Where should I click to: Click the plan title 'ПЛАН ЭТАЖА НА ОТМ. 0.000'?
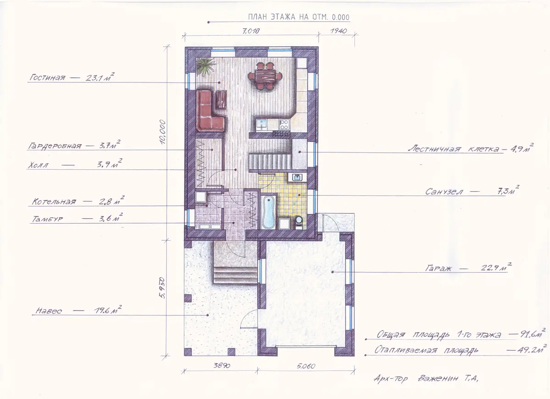click(x=298, y=17)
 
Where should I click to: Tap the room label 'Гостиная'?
click(x=47, y=78)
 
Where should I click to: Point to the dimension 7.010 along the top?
click(x=251, y=31)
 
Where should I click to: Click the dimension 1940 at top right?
click(x=339, y=31)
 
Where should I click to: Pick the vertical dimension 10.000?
click(x=163, y=132)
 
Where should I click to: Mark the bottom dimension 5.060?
click(x=306, y=367)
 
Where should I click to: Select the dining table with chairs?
click(x=265, y=76)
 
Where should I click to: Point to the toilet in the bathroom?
click(x=298, y=222)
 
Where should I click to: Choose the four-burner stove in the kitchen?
click(x=284, y=125)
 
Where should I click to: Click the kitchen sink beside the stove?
click(x=262, y=125)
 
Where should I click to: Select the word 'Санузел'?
click(x=444, y=191)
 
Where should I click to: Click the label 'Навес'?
click(x=49, y=311)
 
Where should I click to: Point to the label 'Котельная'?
click(x=54, y=202)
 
